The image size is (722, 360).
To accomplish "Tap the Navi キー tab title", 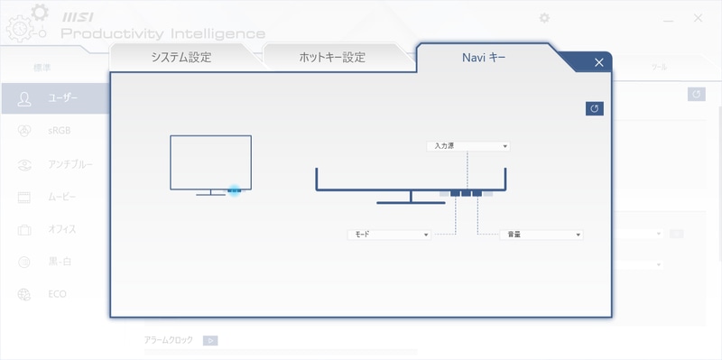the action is click(484, 58).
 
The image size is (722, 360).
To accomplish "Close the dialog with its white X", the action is click(599, 62).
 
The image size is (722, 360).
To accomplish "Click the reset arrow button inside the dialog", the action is click(594, 108).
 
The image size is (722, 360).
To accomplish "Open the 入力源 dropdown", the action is click(467, 145).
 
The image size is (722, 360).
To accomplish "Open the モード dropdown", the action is click(389, 235).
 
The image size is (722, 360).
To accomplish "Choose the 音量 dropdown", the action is click(541, 235).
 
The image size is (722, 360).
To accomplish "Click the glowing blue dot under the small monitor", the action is click(234, 190).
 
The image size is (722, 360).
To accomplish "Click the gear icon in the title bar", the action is click(543, 17).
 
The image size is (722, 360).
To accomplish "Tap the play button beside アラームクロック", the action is click(209, 340).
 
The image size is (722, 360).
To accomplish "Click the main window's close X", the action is click(698, 17).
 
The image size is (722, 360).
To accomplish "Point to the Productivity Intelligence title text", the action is click(162, 33).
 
